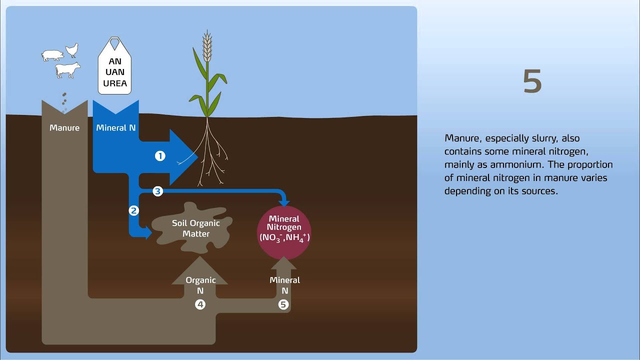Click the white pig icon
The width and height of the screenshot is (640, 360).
(52, 55)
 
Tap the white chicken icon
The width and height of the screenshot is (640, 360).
(72, 49)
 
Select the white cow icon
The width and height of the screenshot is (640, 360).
(67, 70)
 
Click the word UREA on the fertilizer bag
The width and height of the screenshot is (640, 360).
(115, 83)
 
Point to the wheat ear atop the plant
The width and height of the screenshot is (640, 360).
(207, 46)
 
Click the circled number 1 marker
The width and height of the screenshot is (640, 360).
(160, 156)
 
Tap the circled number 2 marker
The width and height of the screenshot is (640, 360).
(133, 210)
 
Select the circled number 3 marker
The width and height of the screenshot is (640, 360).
(157, 191)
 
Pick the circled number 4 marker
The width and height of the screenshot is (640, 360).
(200, 304)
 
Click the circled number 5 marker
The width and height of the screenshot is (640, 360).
(283, 304)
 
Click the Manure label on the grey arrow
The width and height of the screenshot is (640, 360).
(64, 128)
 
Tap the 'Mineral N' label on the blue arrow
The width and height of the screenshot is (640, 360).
(115, 128)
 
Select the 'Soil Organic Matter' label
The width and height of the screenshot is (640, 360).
(195, 228)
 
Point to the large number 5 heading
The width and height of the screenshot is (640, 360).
(532, 81)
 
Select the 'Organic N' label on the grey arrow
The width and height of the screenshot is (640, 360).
(200, 285)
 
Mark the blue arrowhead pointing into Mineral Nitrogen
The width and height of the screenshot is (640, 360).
(284, 201)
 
